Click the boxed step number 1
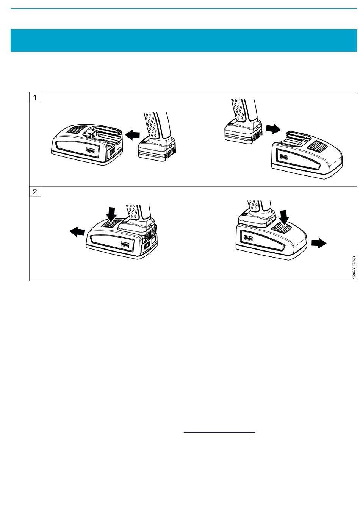click(x=35, y=97)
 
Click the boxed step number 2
click(x=35, y=192)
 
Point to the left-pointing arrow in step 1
click(x=133, y=134)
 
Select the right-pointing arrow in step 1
click(x=273, y=129)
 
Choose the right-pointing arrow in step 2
click(x=319, y=243)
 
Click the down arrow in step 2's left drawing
click(x=112, y=214)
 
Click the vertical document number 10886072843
click(x=354, y=267)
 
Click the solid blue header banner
click(x=184, y=40)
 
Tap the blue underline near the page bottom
click(x=219, y=432)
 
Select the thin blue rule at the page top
click(x=184, y=9)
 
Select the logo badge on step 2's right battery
click(x=248, y=238)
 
